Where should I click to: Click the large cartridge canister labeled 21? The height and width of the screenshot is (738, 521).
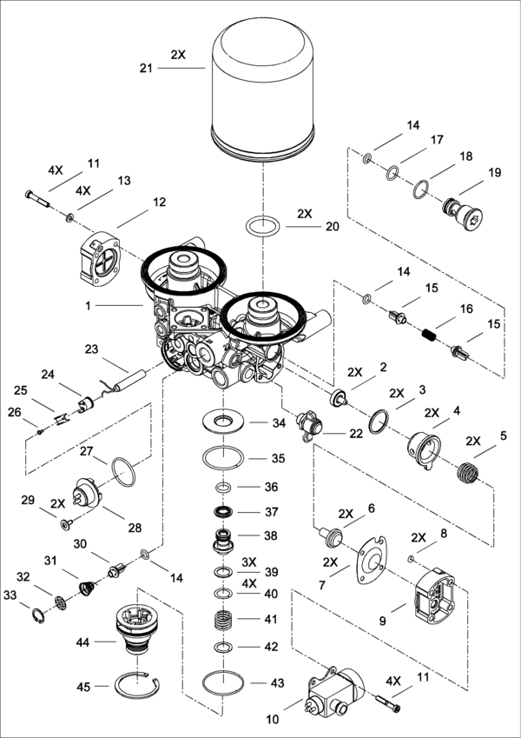(263, 90)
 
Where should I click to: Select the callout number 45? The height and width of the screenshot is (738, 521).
(83, 688)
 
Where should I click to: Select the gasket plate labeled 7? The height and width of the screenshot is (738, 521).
(372, 559)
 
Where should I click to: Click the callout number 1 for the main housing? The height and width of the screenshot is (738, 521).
(88, 305)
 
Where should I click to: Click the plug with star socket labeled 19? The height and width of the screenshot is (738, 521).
(464, 214)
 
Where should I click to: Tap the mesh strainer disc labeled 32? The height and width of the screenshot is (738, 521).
(60, 603)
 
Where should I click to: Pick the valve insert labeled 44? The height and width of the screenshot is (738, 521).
(136, 628)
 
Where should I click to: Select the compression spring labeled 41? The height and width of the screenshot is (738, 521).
(222, 621)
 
